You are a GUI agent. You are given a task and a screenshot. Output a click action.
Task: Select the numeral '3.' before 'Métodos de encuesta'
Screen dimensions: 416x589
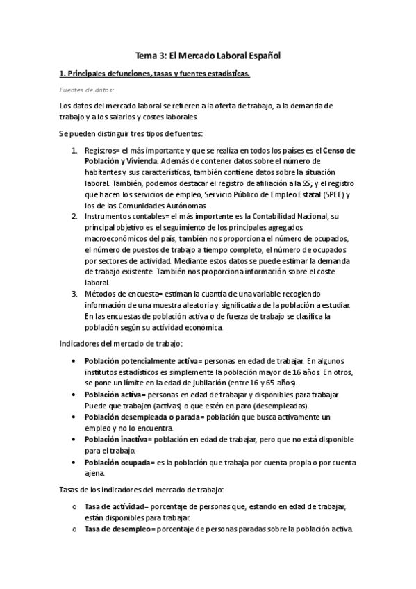[75, 293]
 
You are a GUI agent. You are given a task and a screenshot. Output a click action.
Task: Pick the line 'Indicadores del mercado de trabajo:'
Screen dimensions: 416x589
[121, 343]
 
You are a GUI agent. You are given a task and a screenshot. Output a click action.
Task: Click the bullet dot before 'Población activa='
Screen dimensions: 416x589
[75, 395]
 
